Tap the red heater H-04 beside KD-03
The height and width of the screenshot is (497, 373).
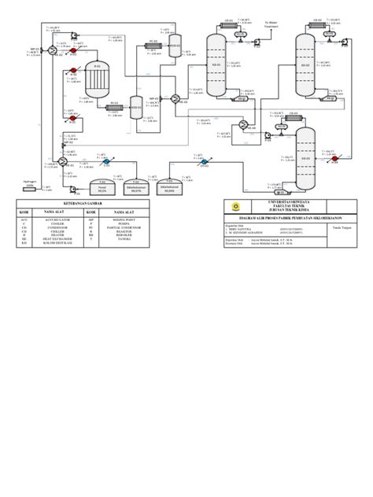pos(334,159)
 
